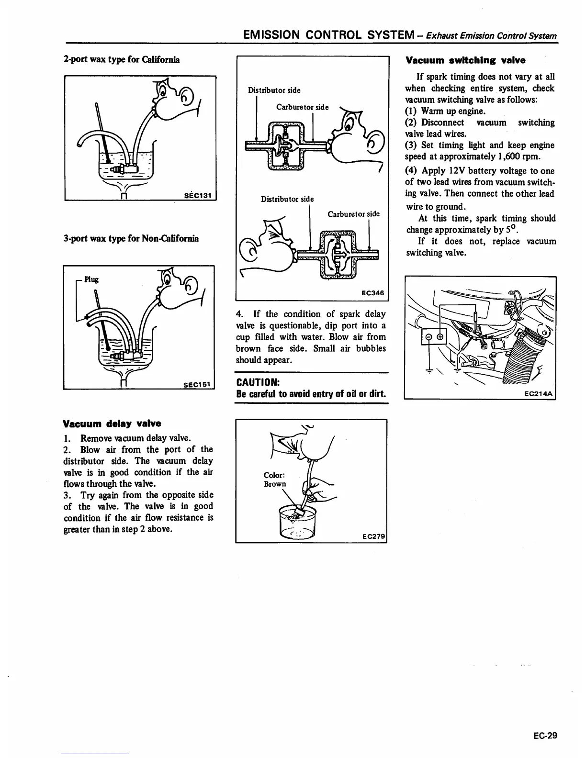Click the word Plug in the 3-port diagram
[91, 279]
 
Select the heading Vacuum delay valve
[112, 424]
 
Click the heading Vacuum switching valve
[465, 60]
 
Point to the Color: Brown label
[275, 479]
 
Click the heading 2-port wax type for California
[122, 60]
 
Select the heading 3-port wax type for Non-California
[131, 238]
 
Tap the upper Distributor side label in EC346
[274, 90]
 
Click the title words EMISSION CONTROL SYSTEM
[328, 35]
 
